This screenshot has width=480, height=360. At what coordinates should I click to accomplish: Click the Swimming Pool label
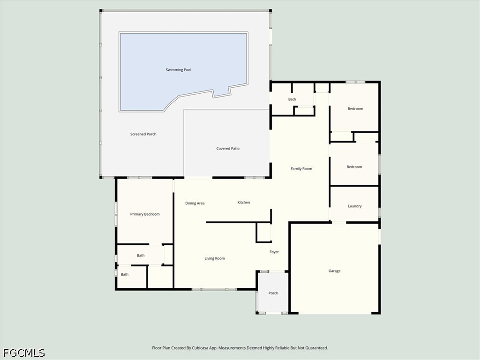coord(179,70)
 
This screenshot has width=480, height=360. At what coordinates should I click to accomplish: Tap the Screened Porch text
coord(143,134)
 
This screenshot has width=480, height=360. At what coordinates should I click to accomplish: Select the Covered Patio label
coord(228,149)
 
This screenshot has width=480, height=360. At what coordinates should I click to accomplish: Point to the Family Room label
coord(301,169)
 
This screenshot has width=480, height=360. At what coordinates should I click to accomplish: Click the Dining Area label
coord(195,203)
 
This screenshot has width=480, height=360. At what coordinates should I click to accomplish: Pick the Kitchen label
coord(244,202)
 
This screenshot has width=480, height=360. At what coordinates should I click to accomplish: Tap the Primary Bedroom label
coord(145,214)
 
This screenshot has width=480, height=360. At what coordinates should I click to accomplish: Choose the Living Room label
coord(215,258)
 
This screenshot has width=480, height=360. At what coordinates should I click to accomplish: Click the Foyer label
coord(274,252)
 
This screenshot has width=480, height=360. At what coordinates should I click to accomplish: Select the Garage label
coord(334,271)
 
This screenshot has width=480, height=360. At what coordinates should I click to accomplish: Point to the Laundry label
coord(354,206)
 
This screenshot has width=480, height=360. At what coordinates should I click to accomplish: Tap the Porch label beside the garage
coord(273,293)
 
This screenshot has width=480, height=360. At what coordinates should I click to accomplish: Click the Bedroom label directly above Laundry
coord(354,167)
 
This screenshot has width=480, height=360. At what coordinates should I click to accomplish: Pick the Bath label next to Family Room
coord(292,99)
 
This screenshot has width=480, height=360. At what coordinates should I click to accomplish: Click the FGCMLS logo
coord(24,353)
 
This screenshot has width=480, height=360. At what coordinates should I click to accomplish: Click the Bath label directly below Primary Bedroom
coord(141,255)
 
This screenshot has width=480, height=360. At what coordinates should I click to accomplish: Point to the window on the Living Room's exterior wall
coord(214,289)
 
